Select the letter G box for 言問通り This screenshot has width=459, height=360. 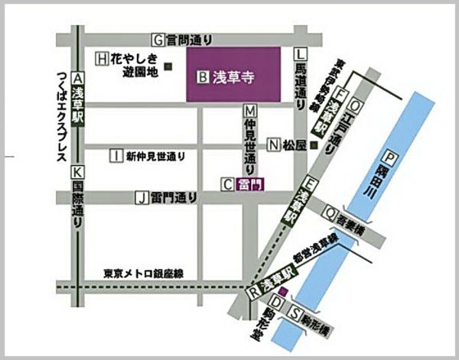[x=158, y=39]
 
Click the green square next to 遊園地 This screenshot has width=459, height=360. [x=168, y=67]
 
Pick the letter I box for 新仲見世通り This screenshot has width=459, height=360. [x=116, y=156]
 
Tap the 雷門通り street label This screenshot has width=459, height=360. [x=174, y=197]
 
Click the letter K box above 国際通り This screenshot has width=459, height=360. [x=76, y=172]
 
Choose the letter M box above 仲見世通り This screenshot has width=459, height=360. [x=249, y=110]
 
